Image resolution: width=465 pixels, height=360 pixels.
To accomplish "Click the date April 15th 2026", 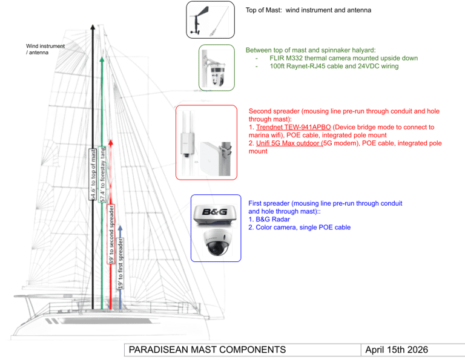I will coord(397,350).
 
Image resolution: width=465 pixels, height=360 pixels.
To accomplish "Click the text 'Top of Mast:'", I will coord(259,10).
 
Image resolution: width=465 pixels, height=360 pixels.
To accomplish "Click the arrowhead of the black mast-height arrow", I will coord(93,26).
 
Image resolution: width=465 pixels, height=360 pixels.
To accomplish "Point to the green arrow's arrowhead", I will coord(102,61).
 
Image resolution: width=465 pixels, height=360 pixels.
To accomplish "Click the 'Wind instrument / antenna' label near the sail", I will coord(40,48).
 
